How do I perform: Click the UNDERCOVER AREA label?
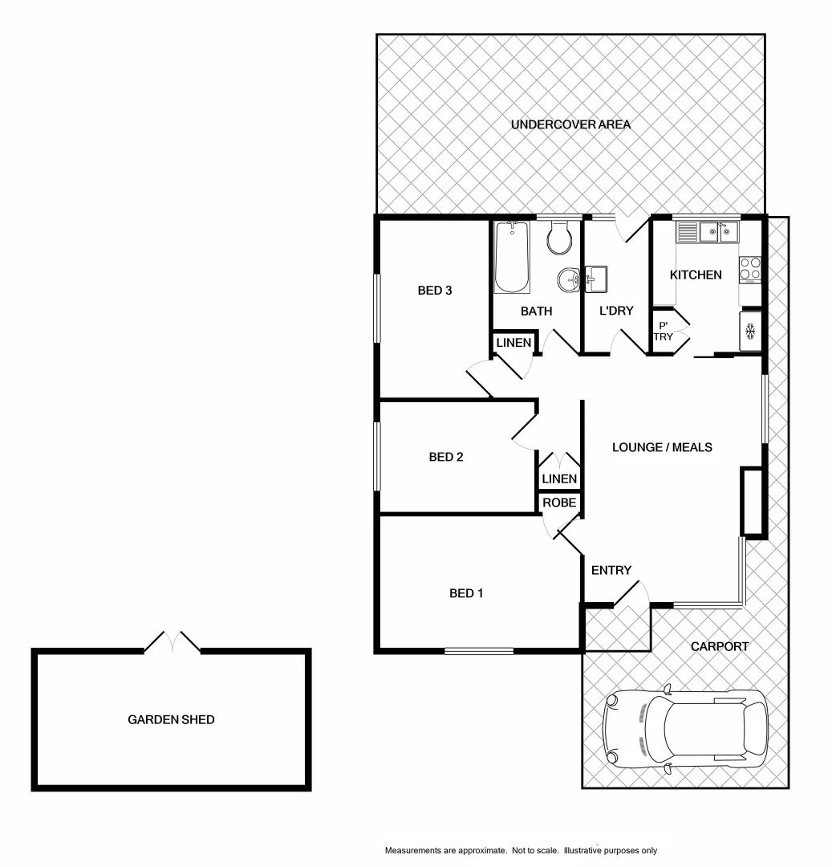click(570, 124)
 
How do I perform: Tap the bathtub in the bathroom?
click(512, 258)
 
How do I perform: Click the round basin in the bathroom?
click(569, 279)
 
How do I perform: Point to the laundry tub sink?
click(597, 279)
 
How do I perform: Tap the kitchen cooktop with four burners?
click(749, 268)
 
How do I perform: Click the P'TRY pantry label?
click(664, 331)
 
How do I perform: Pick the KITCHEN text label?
click(696, 275)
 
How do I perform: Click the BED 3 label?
click(436, 291)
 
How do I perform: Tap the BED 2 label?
click(446, 458)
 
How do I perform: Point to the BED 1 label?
click(466, 594)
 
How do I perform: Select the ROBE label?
click(558, 503)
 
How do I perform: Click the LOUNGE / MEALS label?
click(661, 447)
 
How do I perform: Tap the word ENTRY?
click(611, 571)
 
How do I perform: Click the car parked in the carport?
click(684, 729)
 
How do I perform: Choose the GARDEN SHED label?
click(171, 720)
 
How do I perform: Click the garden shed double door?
click(172, 641)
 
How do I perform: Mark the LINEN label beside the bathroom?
click(513, 343)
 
